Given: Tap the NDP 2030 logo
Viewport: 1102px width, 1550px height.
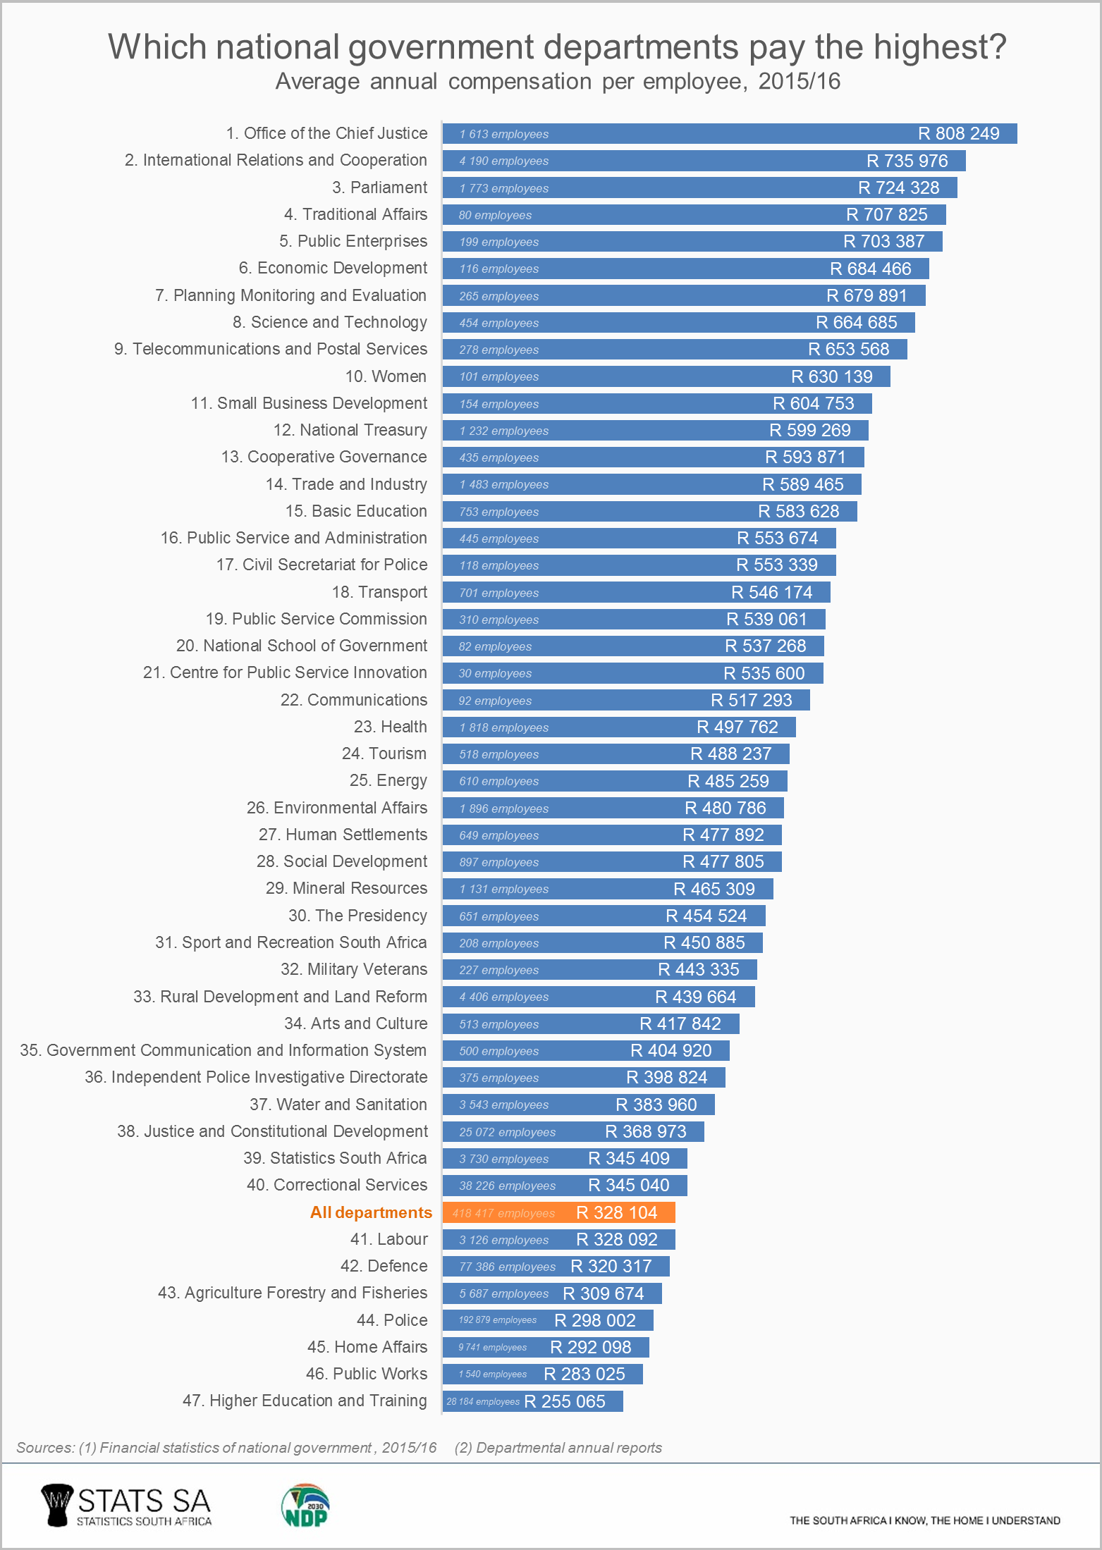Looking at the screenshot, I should [305, 1506].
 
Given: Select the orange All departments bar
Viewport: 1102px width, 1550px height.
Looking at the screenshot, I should [558, 1212].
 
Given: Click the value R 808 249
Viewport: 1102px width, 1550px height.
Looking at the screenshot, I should [958, 134].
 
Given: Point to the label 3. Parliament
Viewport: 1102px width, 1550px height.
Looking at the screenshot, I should [379, 187].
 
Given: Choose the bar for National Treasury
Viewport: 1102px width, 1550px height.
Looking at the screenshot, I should [655, 430].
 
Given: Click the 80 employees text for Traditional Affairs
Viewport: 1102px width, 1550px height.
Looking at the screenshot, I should [495, 215].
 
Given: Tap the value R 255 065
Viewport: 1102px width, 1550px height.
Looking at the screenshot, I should [565, 1401].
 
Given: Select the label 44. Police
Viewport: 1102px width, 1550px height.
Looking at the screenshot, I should [392, 1320].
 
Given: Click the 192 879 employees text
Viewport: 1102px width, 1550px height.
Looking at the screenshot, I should [497, 1320].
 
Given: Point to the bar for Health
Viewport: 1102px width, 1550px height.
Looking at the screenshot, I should [618, 727].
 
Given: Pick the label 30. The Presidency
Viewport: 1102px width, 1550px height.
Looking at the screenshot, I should [357, 916].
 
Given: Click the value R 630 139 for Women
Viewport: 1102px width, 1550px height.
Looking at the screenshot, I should [831, 376].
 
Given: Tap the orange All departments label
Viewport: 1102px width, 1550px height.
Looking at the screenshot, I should [371, 1212].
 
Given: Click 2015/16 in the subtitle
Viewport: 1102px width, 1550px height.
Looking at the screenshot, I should [799, 82].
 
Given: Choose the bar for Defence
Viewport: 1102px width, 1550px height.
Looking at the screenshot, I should [556, 1266].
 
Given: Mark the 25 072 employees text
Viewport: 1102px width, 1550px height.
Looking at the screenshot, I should [507, 1132].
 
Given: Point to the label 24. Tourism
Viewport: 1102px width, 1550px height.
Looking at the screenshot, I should [384, 754].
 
